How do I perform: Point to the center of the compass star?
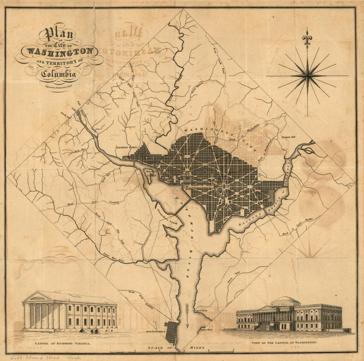(307, 76)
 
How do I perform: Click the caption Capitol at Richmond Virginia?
(63, 343)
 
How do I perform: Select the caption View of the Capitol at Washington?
(284, 343)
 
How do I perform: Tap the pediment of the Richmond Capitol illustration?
(37, 297)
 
